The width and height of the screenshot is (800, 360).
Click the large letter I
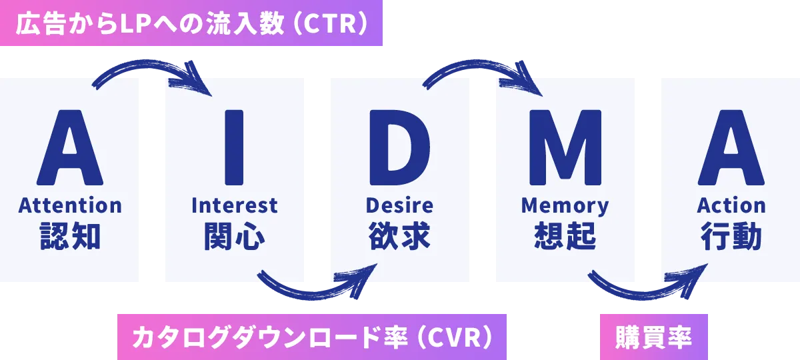(235, 147)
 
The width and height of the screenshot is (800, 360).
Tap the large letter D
(400, 147)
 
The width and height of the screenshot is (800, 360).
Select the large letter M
(565, 147)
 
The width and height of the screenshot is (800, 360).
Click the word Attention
(70, 205)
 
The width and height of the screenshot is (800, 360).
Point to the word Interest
(235, 205)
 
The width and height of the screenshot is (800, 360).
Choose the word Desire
(400, 205)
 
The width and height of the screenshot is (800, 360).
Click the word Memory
(565, 205)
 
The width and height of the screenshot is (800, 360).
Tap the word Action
(731, 205)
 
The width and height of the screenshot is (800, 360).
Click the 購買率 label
(654, 337)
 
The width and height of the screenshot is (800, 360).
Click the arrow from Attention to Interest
(151, 69)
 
